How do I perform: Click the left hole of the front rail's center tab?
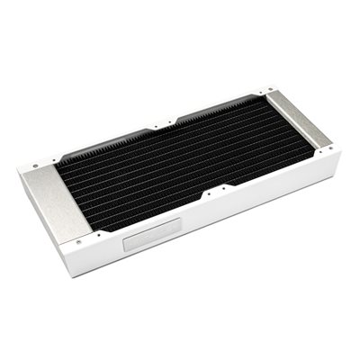(x=206, y=193)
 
